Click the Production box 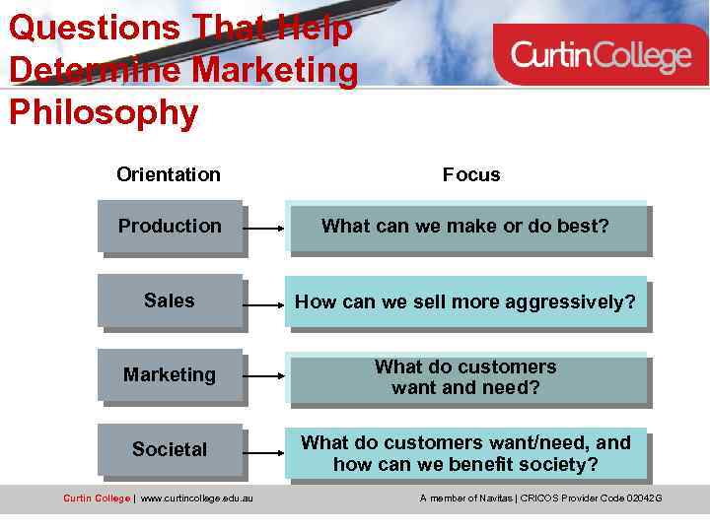click(170, 227)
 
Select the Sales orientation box click(170, 300)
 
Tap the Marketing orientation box click(170, 375)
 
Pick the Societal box click(170, 450)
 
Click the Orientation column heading click(169, 174)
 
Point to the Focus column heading click(471, 174)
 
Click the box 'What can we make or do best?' click(465, 227)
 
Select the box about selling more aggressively click(465, 301)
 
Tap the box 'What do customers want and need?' click(465, 377)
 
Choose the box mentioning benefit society click(465, 453)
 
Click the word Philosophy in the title click(104, 113)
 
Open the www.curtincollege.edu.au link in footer click(196, 499)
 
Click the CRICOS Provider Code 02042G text click(591, 499)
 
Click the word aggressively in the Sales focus click(576, 301)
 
